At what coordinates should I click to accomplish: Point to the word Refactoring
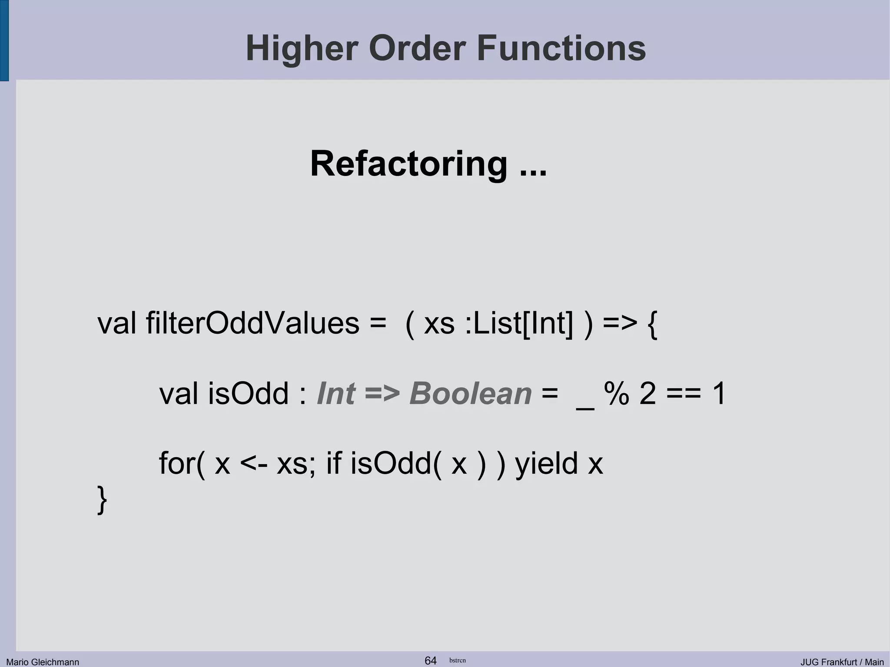(408, 164)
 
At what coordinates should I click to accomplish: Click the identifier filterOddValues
(252, 324)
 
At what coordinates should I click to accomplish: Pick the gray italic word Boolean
(470, 394)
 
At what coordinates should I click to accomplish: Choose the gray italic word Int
(336, 394)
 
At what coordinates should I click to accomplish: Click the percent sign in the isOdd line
(617, 394)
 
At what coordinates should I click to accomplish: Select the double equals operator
(684, 394)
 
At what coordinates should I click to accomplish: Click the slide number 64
(430, 660)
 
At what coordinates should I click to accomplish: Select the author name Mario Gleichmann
(43, 662)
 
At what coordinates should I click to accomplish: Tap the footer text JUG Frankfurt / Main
(842, 662)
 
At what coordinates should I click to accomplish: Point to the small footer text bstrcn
(457, 660)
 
